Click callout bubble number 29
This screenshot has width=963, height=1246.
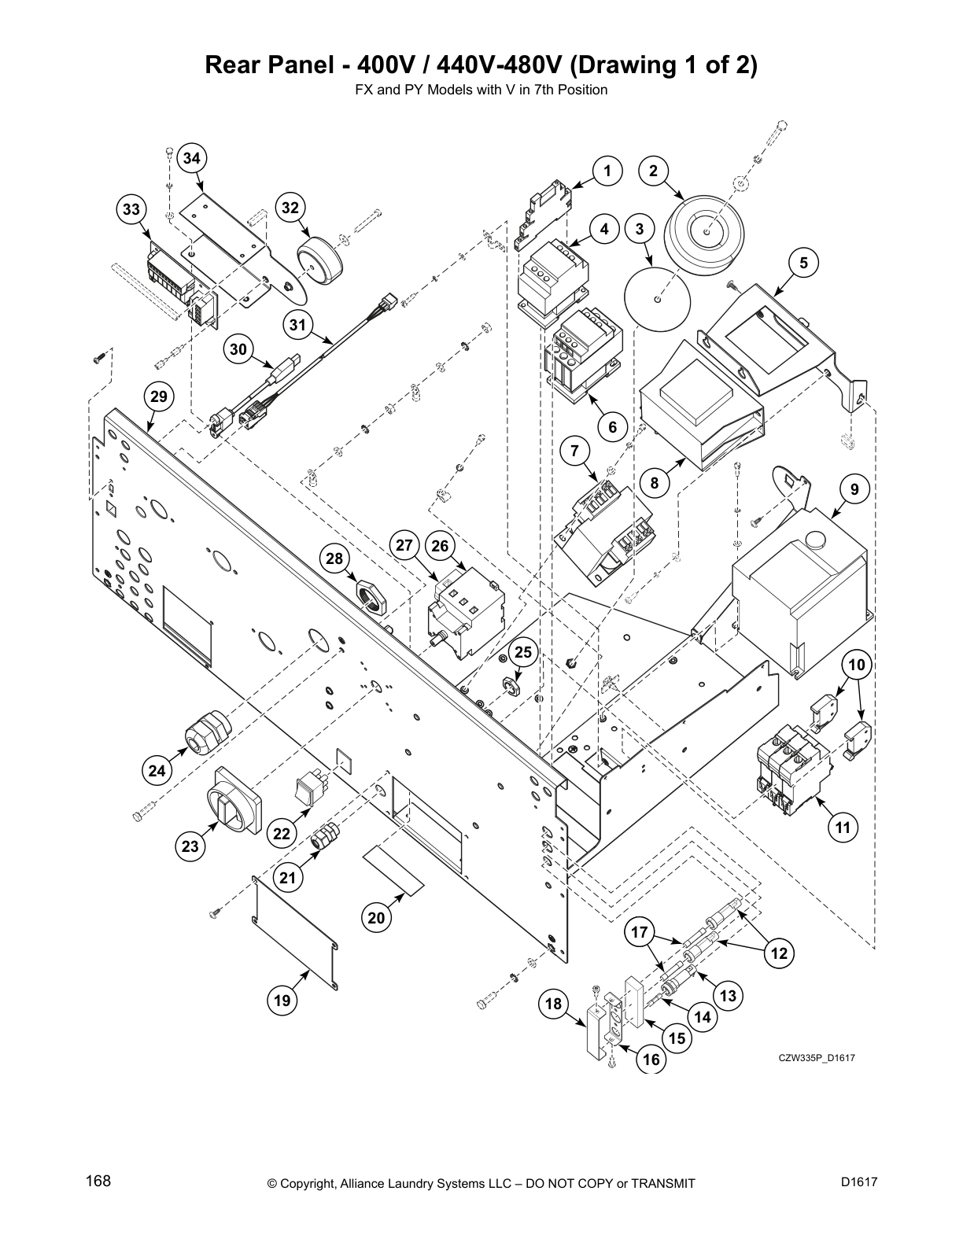click(159, 396)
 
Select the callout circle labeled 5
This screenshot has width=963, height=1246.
click(803, 263)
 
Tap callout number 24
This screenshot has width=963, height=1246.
click(157, 770)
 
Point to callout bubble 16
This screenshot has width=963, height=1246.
click(651, 1060)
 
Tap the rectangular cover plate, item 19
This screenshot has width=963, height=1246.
click(296, 933)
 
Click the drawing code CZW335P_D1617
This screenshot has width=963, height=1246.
click(817, 1057)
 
